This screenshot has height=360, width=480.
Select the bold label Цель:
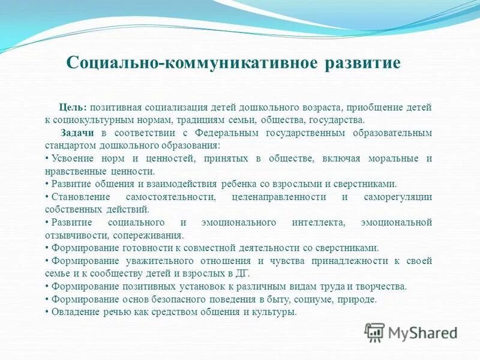tap(74, 107)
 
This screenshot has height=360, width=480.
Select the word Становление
tap(79, 197)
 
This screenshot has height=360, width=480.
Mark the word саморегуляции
tap(398, 197)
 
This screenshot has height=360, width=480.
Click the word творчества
tap(379, 287)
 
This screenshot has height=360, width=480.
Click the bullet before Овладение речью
tap(47, 313)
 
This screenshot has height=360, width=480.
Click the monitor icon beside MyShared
tap(375, 332)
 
